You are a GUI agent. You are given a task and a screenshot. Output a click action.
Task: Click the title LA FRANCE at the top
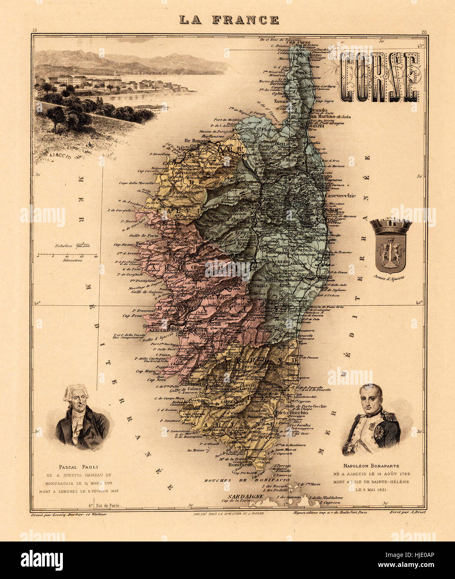pos(229,20)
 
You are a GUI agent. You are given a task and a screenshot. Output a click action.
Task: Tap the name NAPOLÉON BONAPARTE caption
pos(370,466)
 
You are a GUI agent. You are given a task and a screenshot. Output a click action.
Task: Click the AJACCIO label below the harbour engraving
pos(60,157)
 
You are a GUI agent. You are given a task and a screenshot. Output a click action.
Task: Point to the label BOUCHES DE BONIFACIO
pos(235,480)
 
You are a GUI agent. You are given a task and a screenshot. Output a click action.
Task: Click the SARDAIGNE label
pos(245,496)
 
